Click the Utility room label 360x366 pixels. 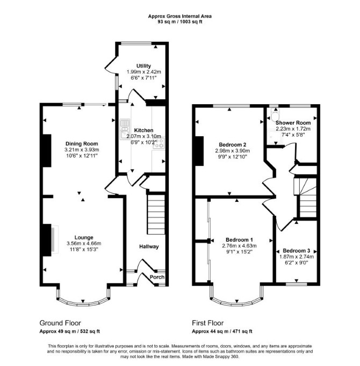[143, 66]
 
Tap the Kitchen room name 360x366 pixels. [143, 130]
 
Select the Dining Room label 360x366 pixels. [82, 143]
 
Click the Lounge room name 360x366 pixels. [84, 238]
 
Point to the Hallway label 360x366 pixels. [149, 246]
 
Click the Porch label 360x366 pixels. [157, 277]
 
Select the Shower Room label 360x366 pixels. [293, 123]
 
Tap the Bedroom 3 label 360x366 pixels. [297, 251]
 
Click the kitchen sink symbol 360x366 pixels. [125, 129]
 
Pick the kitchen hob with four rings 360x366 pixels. [159, 143]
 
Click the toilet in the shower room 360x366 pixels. [275, 114]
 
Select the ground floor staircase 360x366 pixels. [156, 214]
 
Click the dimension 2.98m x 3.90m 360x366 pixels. [232, 151]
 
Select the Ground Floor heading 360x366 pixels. [60, 323]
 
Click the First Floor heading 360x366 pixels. [208, 323]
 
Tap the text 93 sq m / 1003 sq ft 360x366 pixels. [180, 22]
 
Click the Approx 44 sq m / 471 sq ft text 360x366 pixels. [222, 331]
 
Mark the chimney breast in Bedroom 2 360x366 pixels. [199, 151]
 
